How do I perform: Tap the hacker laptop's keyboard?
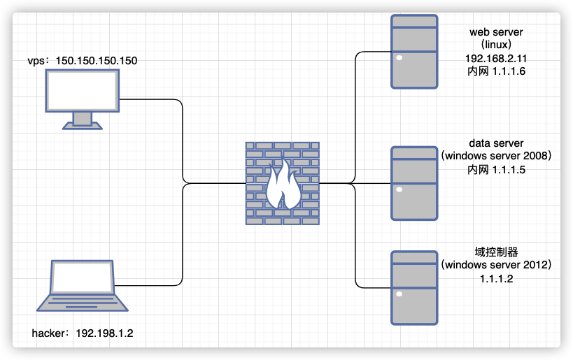coord(83,302)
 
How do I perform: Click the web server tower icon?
coord(415,52)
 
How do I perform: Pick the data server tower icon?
coord(415,184)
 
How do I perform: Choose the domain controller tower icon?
coord(415,287)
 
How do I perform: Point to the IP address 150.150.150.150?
coord(101,61)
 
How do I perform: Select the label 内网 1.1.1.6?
coord(497,71)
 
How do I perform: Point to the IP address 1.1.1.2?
coord(497,278)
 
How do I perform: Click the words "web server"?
coord(497,32)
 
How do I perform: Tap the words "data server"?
coord(497,143)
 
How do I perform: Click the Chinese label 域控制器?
coord(497,252)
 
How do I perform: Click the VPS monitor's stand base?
coord(83,127)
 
